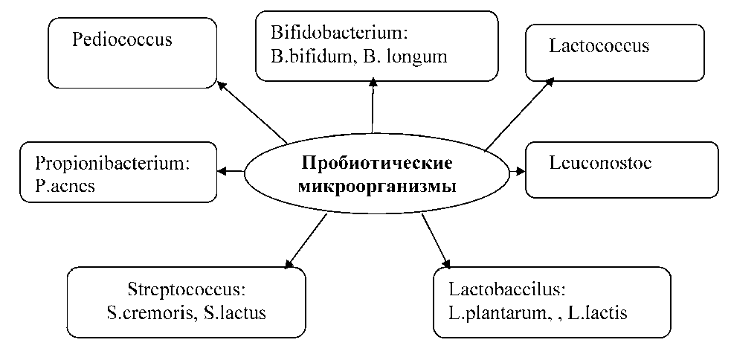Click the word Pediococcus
coord(121,39)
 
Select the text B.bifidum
coord(309,57)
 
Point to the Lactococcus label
coord(599,46)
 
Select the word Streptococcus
coord(186,289)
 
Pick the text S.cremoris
coord(149,312)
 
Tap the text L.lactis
coord(597,313)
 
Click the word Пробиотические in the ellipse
coord(378,163)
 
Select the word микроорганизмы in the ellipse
coord(378,186)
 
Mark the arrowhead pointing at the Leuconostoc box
coord(520,172)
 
